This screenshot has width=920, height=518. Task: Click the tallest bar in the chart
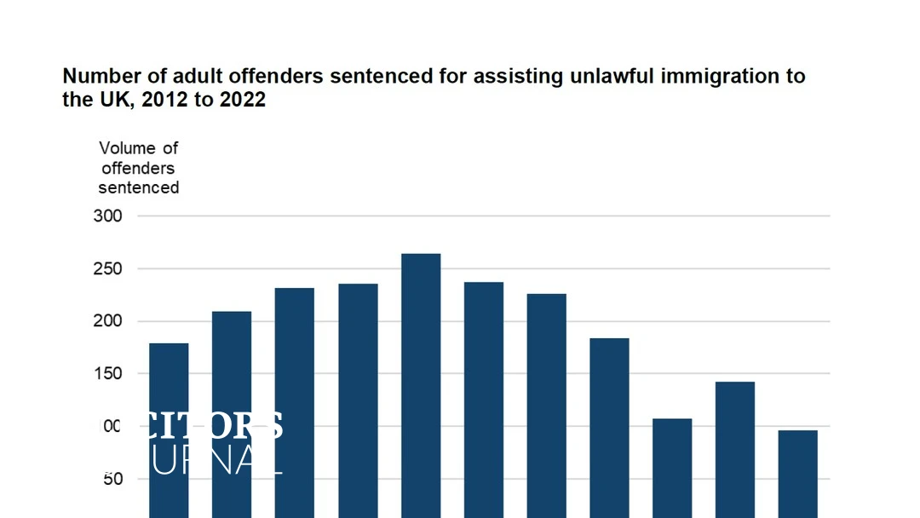pyautogui.click(x=421, y=383)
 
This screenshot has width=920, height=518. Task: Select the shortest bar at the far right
pyautogui.click(x=797, y=473)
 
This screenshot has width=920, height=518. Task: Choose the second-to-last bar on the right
pyautogui.click(x=734, y=447)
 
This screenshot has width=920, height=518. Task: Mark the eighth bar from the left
pyautogui.click(x=609, y=426)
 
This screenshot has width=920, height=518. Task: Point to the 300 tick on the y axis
pyautogui.click(x=108, y=216)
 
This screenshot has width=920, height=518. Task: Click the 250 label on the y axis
pyautogui.click(x=108, y=269)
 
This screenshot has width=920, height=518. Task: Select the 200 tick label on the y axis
pyautogui.click(x=108, y=321)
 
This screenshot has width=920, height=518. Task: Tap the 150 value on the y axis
pyautogui.click(x=108, y=374)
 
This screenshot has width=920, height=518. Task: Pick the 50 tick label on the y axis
pyautogui.click(x=112, y=479)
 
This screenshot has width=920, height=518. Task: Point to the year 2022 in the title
pyautogui.click(x=244, y=100)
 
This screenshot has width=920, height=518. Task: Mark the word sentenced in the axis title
pyautogui.click(x=139, y=187)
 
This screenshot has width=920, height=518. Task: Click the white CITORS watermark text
pyautogui.click(x=217, y=425)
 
